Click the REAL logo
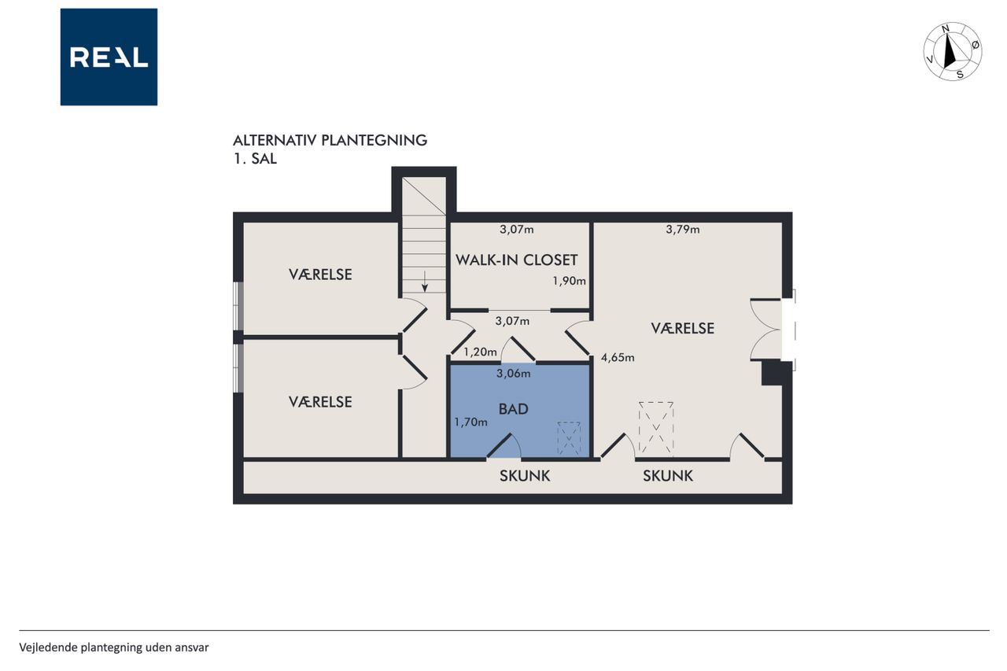pos(109,57)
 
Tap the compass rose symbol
pos(952,51)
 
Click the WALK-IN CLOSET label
pos(517,260)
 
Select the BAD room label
pos(514,409)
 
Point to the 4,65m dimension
pos(618,358)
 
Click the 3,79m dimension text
pos(682,230)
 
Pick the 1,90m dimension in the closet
pos(569,281)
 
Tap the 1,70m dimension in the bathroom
pos(470,422)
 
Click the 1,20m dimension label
pos(480,352)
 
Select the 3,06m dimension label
pos(514,374)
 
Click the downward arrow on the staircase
pos(424,282)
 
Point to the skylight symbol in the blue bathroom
pos(569,438)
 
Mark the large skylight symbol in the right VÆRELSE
pos(656,429)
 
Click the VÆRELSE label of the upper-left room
pos(320,275)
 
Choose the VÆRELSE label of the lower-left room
pos(320,402)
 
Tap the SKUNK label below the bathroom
pos(525,476)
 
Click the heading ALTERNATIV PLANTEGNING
pos(330,140)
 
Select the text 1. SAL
pos(255,159)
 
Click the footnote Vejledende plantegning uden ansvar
pos(114,647)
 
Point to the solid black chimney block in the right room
pos(772,373)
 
